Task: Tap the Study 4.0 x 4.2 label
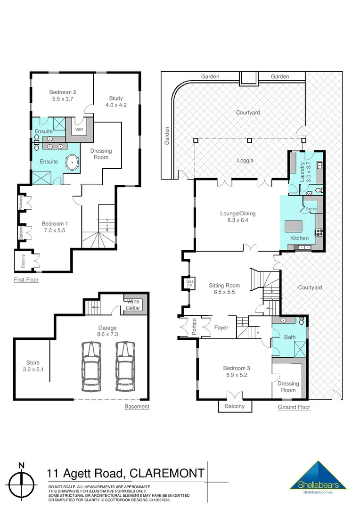click(115, 101)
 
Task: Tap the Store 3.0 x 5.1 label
click(33, 366)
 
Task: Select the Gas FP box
click(190, 283)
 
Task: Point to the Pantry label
click(311, 209)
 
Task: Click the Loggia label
click(245, 160)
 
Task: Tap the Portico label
click(194, 327)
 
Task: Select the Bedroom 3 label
click(236, 371)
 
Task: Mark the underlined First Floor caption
click(26, 279)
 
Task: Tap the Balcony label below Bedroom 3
click(235, 406)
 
